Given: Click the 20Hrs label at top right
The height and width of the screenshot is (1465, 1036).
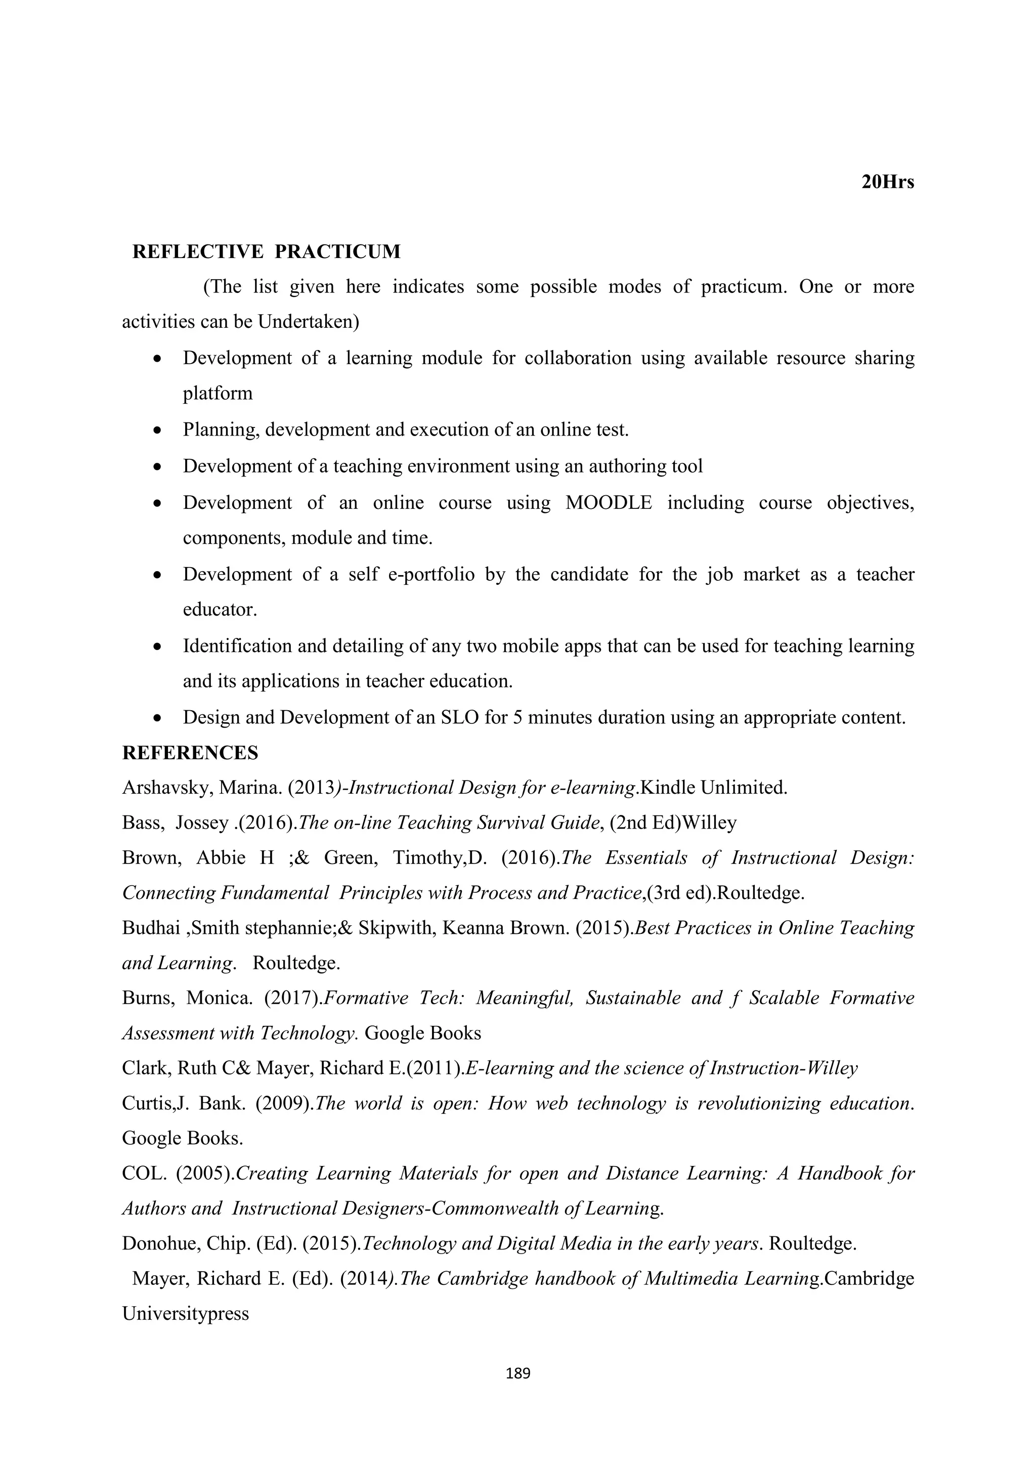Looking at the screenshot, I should tap(887, 183).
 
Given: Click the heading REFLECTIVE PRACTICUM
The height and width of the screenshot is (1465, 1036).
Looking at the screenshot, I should tap(266, 252).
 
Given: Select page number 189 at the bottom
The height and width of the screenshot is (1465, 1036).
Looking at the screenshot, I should tap(517, 1373).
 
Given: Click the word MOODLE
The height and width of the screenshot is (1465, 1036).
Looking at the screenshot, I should tap(609, 503).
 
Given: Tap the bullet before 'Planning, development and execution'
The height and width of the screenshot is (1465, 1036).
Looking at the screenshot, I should tap(157, 430).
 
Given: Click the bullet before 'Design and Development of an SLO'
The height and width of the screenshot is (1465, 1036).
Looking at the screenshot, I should tap(157, 718).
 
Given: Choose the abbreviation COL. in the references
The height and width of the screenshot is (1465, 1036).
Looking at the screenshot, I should tap(144, 1174).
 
